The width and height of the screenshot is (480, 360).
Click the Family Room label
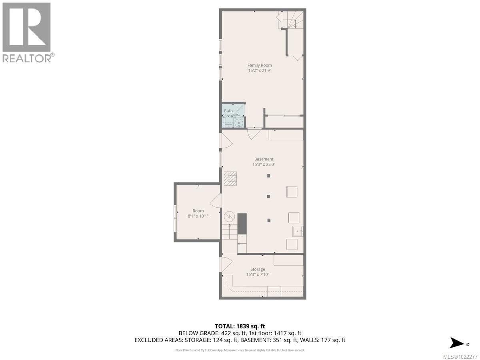260,65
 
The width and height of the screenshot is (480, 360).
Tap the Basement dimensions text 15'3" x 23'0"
263,164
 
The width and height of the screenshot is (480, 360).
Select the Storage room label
258,269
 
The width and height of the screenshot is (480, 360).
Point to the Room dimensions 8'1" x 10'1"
198,216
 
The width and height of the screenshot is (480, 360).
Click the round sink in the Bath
239,123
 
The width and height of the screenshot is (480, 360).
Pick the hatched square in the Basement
230,178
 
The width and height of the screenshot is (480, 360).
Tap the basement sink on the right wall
297,231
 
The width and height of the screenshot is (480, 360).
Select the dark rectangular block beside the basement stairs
242,224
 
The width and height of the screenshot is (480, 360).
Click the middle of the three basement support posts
268,196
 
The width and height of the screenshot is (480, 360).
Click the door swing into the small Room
215,200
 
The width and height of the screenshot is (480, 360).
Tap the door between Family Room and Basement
254,133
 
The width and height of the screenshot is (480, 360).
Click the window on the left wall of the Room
175,218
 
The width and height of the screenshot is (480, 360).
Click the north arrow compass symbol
456,343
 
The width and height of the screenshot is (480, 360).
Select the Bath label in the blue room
228,111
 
